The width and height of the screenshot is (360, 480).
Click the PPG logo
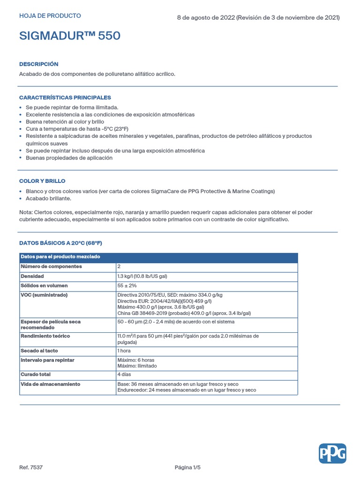332,453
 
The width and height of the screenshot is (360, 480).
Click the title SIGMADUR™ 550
70,36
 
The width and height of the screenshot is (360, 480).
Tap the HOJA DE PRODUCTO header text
50,16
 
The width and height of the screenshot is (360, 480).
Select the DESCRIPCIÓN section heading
39,64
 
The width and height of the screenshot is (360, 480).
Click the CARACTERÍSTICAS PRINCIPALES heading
65,97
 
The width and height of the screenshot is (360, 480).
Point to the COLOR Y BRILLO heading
42,181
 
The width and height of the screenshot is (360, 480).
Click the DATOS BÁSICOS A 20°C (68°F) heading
60,243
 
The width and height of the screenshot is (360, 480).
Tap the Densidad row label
32,277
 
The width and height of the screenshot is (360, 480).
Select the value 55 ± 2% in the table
127,286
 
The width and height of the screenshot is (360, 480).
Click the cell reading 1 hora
124,351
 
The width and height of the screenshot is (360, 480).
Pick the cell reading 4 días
124,375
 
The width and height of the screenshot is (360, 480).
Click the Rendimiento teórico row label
45,337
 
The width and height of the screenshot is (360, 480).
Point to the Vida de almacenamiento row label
50,384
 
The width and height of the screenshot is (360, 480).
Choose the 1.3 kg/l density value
142,277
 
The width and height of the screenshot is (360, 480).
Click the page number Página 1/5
187,467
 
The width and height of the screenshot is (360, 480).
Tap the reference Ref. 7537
31,467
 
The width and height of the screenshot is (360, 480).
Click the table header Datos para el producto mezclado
60,257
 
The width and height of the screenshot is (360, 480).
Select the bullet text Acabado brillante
49,199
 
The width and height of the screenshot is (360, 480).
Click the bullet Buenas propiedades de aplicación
69,158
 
